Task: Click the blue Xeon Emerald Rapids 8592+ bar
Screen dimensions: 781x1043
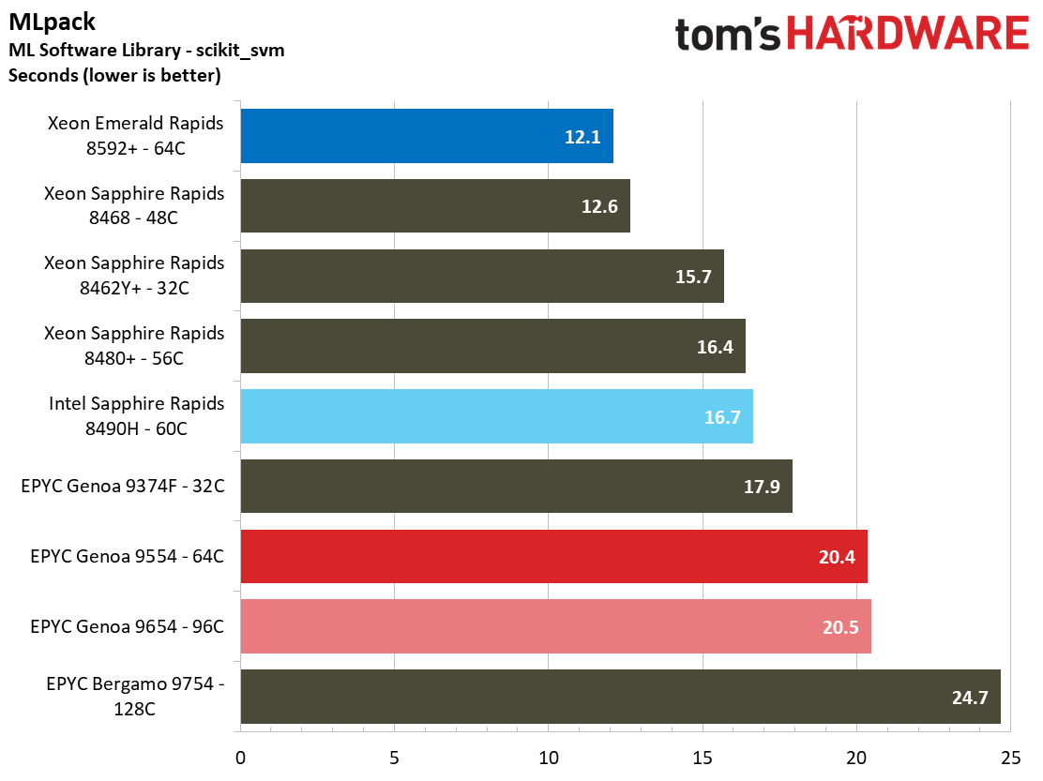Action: tap(427, 136)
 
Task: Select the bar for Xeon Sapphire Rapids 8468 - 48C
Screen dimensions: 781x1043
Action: tap(435, 206)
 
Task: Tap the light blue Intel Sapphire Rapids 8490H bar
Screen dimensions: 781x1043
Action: tap(496, 416)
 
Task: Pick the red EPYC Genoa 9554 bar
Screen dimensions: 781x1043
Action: tap(553, 557)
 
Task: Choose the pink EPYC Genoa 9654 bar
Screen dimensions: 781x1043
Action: tap(555, 626)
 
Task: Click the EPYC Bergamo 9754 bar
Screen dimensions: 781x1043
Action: tap(620, 697)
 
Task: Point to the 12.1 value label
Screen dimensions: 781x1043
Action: tap(582, 137)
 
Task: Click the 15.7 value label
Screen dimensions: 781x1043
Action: tap(693, 277)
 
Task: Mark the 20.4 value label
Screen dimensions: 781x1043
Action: tap(837, 557)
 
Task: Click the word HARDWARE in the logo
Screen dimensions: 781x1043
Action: tap(908, 35)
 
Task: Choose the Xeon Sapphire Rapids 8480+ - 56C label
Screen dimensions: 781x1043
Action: tap(134, 346)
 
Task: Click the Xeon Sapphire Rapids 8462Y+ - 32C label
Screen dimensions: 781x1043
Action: tap(134, 276)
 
